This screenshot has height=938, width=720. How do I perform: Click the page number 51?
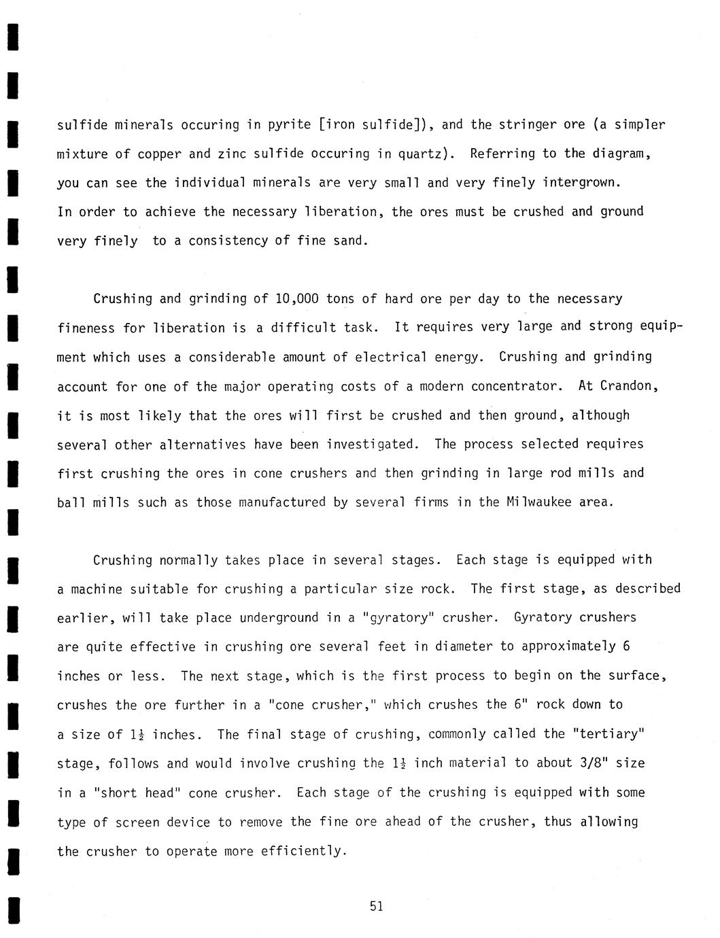(x=377, y=906)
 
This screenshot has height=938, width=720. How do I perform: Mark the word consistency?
(x=228, y=241)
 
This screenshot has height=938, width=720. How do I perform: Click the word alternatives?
(x=202, y=445)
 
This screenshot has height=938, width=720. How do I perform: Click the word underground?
(x=279, y=618)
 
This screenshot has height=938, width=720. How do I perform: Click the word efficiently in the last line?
(x=304, y=851)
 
